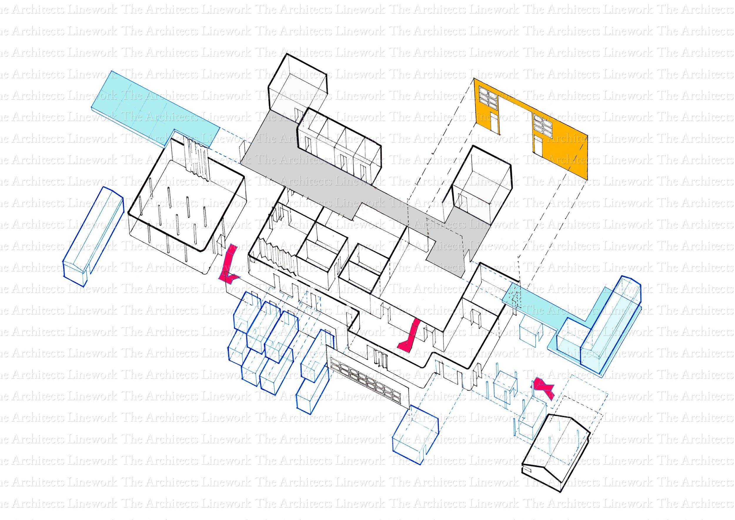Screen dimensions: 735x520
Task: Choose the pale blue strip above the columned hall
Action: coord(154,109)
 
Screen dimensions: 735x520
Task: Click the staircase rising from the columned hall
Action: coord(197,157)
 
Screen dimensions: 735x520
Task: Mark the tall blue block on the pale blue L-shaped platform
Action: coord(610,324)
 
